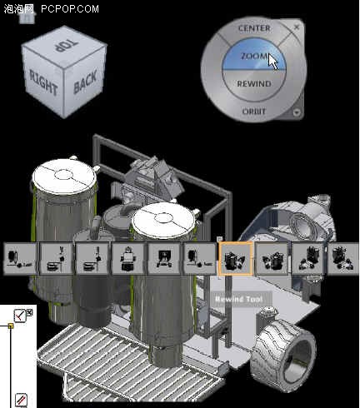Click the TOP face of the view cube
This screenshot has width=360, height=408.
pos(64,47)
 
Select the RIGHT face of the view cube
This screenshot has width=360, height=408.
pos(43,82)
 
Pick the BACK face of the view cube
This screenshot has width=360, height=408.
pos(85,82)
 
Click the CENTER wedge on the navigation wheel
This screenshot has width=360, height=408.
pos(254,28)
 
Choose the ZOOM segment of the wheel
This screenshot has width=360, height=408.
pos(254,55)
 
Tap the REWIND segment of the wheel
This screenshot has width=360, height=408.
pos(254,84)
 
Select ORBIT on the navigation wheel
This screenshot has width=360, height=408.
pos(254,111)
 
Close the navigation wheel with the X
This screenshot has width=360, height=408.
pos(297,27)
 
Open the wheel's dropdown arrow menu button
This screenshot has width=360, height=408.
pos(297,112)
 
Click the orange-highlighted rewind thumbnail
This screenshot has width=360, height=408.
pos(236,258)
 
